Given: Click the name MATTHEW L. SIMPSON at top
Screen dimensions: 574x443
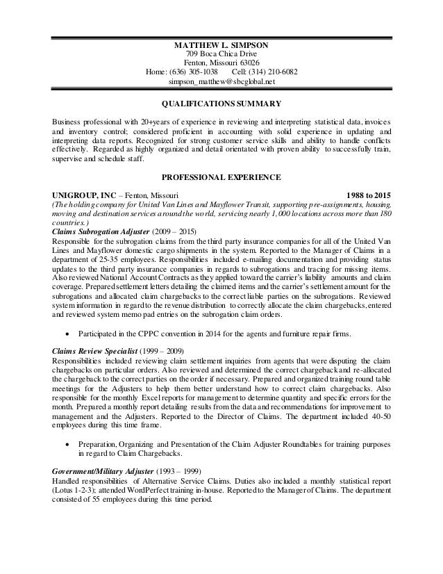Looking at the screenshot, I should [x=221, y=46].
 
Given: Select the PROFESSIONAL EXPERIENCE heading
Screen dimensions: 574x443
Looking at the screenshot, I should [x=221, y=178].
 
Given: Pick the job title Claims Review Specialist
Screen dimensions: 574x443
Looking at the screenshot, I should [x=97, y=352].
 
